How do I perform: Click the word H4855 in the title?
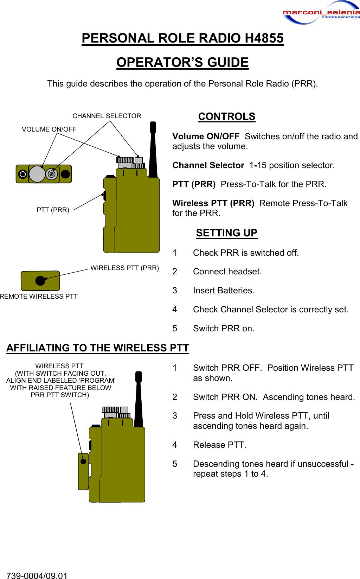click(x=264, y=38)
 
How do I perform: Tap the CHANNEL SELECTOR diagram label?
click(x=107, y=116)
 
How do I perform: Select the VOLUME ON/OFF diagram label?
click(x=49, y=129)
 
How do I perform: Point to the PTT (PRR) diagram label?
click(x=53, y=210)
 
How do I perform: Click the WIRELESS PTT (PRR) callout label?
click(x=124, y=268)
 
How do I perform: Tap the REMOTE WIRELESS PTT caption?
click(x=39, y=296)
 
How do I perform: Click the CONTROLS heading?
click(x=226, y=116)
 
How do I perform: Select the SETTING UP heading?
click(x=226, y=233)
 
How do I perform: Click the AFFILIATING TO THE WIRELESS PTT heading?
click(x=97, y=348)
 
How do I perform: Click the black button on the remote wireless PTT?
click(x=40, y=280)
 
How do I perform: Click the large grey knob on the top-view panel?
click(x=37, y=174)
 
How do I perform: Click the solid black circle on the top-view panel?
click(x=65, y=174)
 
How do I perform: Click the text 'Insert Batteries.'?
click(x=224, y=290)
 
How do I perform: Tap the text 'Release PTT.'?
click(x=220, y=445)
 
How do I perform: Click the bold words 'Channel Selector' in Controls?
click(x=208, y=165)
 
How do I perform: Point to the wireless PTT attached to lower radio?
click(x=83, y=471)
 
